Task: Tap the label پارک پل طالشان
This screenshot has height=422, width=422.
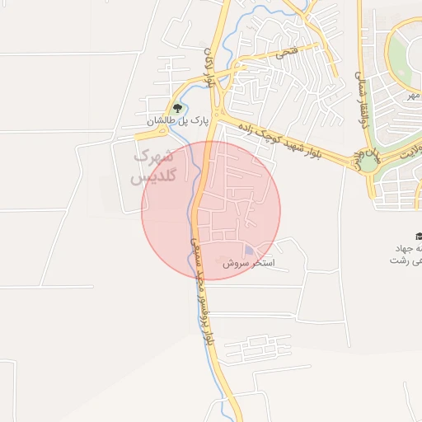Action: (174, 122)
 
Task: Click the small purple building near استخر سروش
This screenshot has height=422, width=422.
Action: (249, 251)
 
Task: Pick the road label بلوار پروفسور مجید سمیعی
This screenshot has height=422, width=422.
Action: (203, 288)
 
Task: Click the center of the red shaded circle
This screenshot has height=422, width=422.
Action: (211, 211)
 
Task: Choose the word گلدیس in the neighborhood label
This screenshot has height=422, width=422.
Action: (149, 178)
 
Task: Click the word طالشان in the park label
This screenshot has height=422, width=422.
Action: (162, 122)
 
